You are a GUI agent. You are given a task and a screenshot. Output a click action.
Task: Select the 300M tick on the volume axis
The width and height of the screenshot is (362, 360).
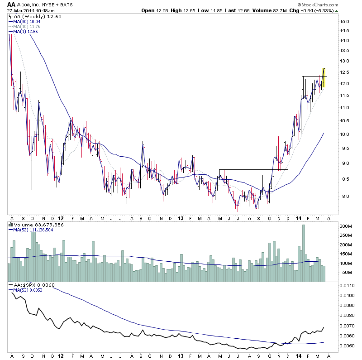tap(347, 226)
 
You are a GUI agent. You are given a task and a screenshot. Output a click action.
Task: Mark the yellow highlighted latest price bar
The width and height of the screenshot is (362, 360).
tap(324, 77)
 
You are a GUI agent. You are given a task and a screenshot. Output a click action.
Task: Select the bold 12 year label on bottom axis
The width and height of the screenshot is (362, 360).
tap(61, 356)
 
